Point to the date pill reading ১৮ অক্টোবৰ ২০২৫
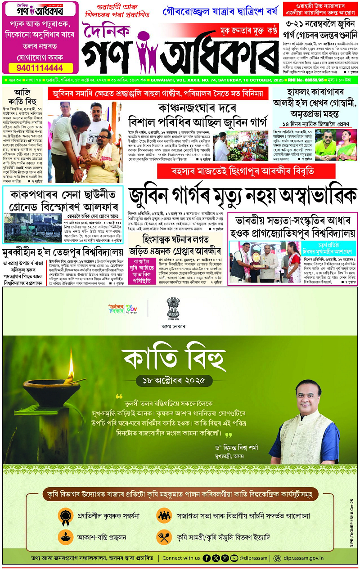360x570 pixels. pos(174,380)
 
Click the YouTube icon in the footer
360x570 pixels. pos(234,558)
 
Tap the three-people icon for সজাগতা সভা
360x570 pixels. pos(163,516)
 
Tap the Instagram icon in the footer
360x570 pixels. pos(225,558)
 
